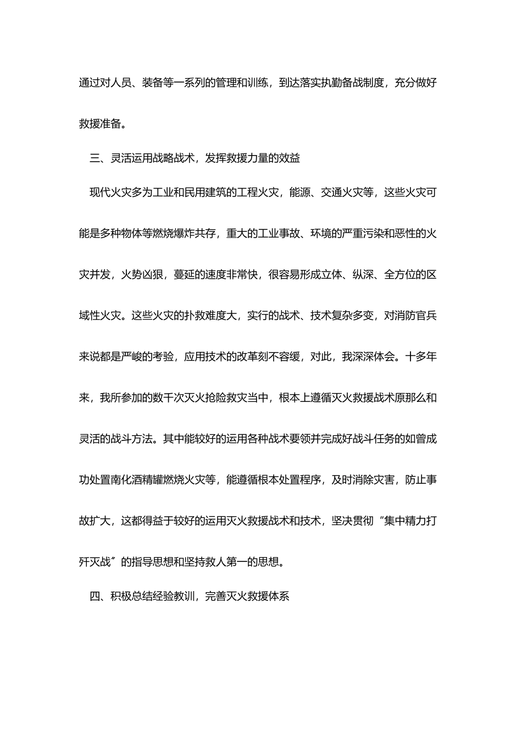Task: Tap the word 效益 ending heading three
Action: click(x=290, y=158)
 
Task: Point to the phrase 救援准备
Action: click(x=100, y=124)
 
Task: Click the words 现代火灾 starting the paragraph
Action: click(x=110, y=192)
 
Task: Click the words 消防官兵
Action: click(x=415, y=316)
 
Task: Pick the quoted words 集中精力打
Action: click(x=410, y=521)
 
